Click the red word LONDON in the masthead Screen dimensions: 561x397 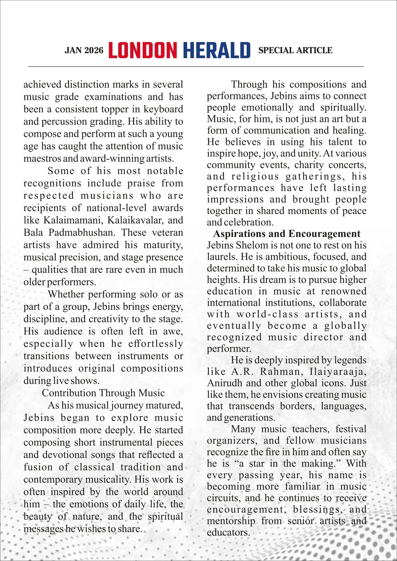point(143,51)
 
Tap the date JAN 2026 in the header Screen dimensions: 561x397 point(84,51)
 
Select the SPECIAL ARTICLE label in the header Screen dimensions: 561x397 point(295,51)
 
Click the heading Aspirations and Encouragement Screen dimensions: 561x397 point(287,234)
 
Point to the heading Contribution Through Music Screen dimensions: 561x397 point(103,393)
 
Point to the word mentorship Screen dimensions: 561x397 point(231,521)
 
